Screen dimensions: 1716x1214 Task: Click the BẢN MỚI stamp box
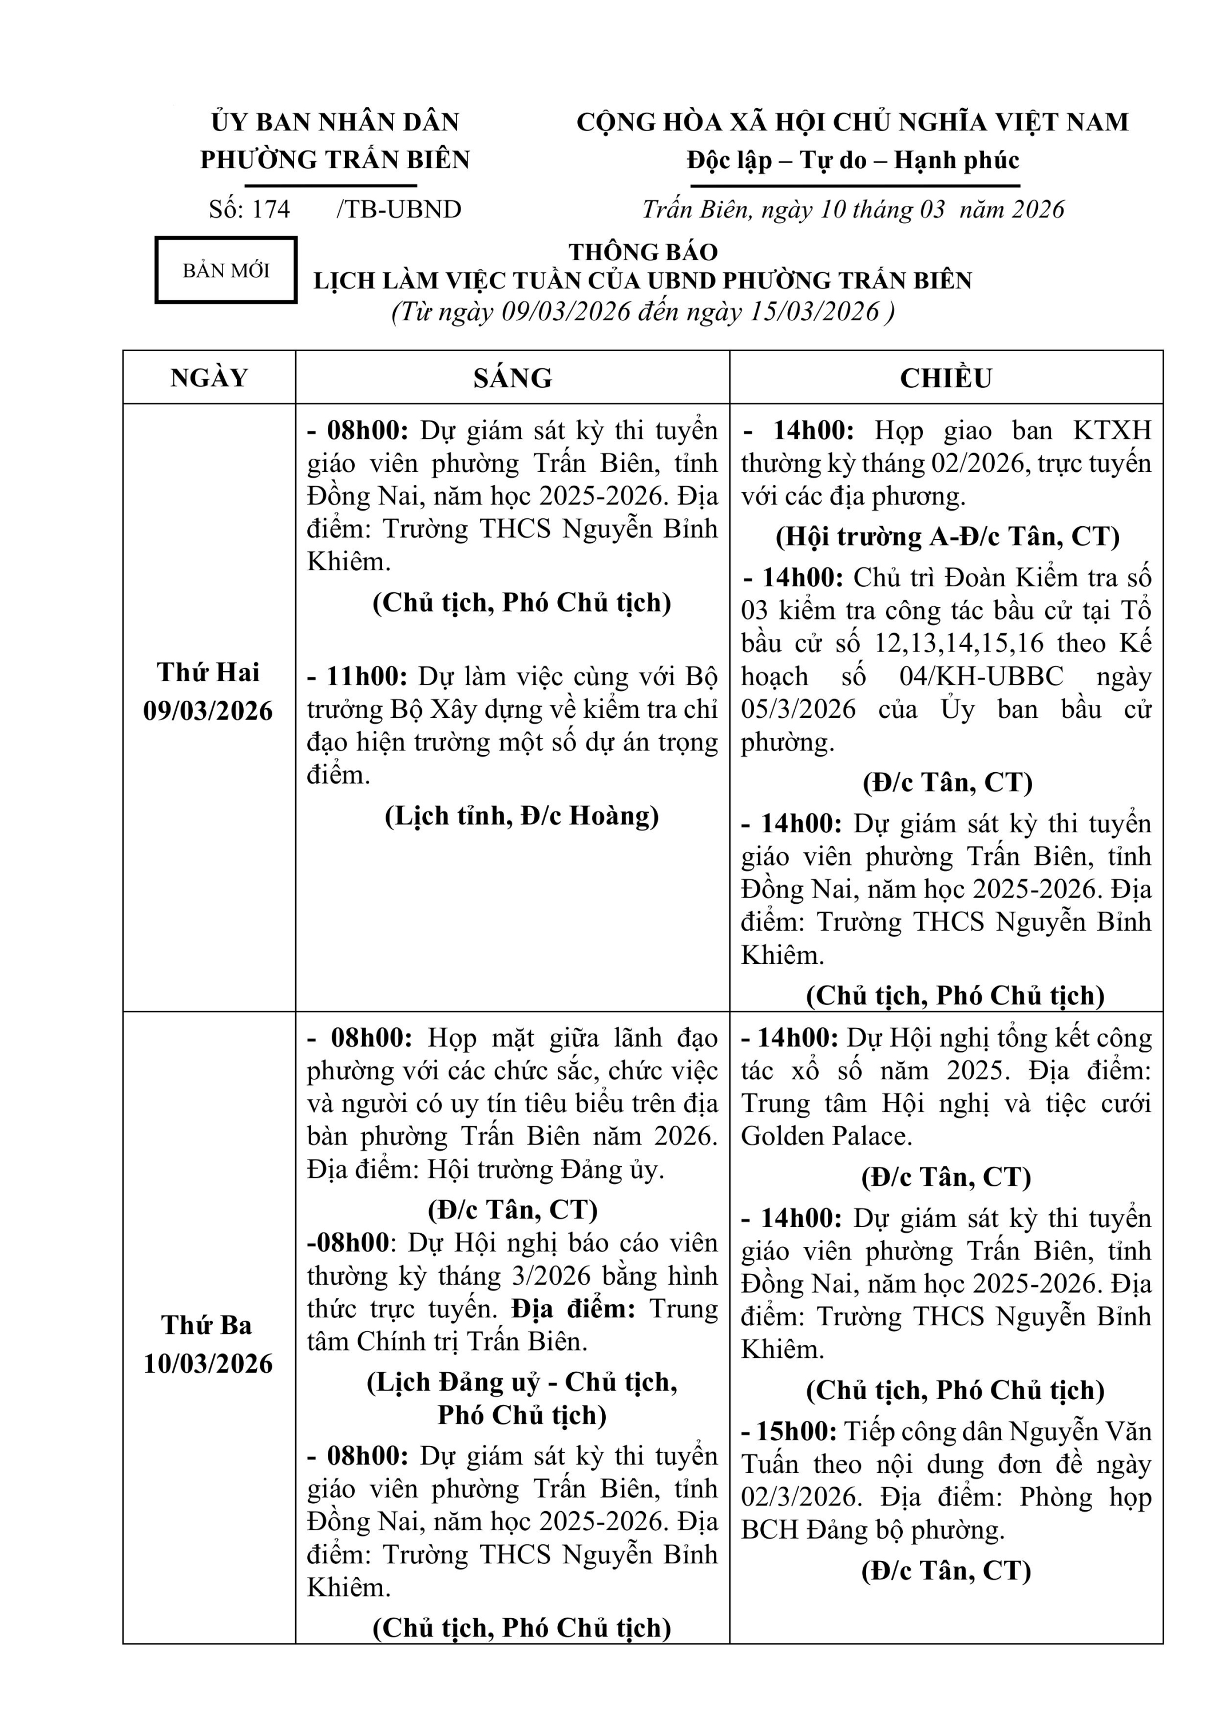[226, 271]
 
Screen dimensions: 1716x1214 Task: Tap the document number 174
[271, 209]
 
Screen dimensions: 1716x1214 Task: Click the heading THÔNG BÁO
[643, 252]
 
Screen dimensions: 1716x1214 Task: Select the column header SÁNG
[512, 378]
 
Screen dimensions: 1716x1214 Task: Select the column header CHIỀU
[946, 378]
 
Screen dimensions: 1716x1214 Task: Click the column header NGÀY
[209, 378]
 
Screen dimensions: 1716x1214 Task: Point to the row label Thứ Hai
[209, 673]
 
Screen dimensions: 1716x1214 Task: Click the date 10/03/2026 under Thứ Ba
[209, 1364]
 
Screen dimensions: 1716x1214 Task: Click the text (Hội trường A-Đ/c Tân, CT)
[947, 537]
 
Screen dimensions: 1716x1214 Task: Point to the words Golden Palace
[826, 1137]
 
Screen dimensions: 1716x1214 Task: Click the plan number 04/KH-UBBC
[981, 676]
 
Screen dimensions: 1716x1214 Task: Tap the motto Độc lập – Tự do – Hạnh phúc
[853, 160]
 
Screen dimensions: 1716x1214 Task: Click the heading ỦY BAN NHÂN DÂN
[335, 122]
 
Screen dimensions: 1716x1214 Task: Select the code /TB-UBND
[398, 209]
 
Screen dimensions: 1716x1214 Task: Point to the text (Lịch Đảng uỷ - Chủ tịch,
[522, 1382]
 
